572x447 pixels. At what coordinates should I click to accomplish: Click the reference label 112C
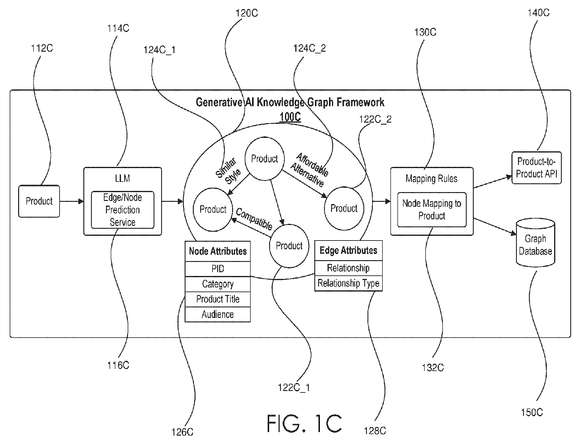[x=42, y=48]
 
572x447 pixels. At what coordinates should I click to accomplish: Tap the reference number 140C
[x=539, y=13]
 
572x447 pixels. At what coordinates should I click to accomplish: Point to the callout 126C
[x=183, y=432]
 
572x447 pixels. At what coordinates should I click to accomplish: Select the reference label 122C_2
[x=375, y=119]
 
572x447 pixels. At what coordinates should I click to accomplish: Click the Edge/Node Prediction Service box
[x=123, y=210]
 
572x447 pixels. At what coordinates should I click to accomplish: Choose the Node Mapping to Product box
[x=432, y=209]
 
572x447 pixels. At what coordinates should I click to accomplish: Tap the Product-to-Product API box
[x=536, y=168]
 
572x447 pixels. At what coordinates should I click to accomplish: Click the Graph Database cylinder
[x=535, y=243]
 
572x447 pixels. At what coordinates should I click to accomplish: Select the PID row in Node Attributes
[x=217, y=269]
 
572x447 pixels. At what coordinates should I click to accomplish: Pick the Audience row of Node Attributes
[x=217, y=314]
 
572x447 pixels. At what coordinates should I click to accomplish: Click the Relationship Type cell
[x=348, y=283]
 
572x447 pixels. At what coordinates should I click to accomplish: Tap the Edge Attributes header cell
[x=348, y=250]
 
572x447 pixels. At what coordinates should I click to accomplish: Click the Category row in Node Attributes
[x=217, y=284]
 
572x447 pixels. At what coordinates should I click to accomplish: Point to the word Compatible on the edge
[x=254, y=219]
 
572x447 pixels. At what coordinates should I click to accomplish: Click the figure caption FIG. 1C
[x=304, y=423]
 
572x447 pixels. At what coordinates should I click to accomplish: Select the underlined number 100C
[x=290, y=117]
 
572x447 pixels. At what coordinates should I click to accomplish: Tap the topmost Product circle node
[x=265, y=158]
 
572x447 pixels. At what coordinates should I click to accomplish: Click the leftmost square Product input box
[x=39, y=201]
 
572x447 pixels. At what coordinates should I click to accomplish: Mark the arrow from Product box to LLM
[x=72, y=201]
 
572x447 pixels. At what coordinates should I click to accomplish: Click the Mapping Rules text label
[x=431, y=179]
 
